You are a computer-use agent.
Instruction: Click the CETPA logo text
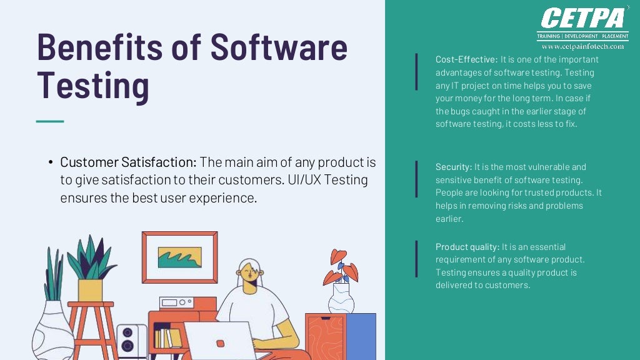[583, 18]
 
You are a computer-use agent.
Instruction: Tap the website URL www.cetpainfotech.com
[582, 46]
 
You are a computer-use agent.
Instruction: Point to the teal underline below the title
[50, 121]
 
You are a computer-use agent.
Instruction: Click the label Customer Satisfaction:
[128, 162]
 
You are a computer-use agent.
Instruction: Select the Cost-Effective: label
[466, 59]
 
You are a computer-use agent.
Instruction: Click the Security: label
[454, 167]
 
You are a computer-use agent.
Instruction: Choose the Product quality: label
[467, 247]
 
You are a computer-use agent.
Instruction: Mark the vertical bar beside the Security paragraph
[416, 179]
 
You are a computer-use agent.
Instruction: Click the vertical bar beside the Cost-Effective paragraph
[416, 71]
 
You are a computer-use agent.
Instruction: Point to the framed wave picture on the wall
[179, 257]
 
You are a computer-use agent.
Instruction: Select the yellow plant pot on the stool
[90, 290]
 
